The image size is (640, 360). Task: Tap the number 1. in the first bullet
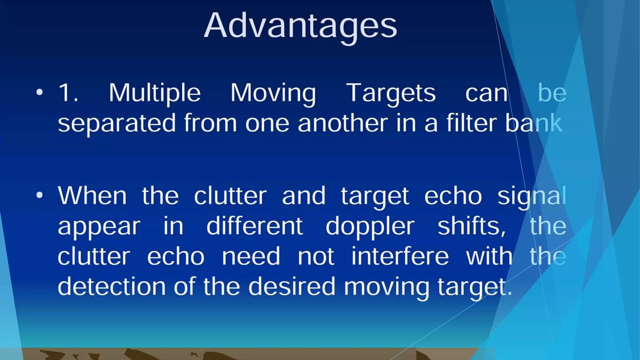click(x=68, y=92)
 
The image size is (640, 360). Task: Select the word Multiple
click(x=154, y=93)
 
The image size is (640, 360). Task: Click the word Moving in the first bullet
click(x=273, y=93)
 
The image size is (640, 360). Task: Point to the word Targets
click(x=391, y=93)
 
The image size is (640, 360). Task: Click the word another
click(x=342, y=123)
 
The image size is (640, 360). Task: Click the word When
click(x=92, y=196)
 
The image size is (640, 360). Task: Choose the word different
click(x=254, y=226)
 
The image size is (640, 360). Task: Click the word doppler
click(x=370, y=226)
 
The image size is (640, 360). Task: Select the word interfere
click(x=400, y=256)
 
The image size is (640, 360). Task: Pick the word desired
click(x=292, y=286)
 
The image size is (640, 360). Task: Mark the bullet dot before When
click(x=39, y=195)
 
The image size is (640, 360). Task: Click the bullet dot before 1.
click(x=39, y=92)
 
